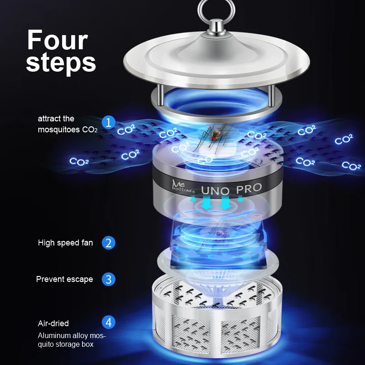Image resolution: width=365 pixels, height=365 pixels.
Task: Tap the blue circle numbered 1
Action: coord(108,122)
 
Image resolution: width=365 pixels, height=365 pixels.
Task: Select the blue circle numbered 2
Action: coord(108,243)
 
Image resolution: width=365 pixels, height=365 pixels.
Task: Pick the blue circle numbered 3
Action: coord(108,279)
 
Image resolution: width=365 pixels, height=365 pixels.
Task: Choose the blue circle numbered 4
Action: coord(108,323)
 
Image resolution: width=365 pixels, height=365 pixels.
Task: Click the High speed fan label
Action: coord(65,243)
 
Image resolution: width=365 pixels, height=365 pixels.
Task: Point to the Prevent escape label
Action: coord(64,279)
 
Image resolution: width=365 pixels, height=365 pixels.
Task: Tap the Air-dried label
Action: coord(53,323)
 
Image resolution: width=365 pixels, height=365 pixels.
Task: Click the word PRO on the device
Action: coord(249,188)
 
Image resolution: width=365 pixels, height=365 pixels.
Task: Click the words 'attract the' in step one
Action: coord(56,119)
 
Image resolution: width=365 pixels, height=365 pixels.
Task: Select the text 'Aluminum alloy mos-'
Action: coord(72,336)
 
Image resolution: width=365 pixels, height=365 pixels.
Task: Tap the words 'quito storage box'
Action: coord(66,344)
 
